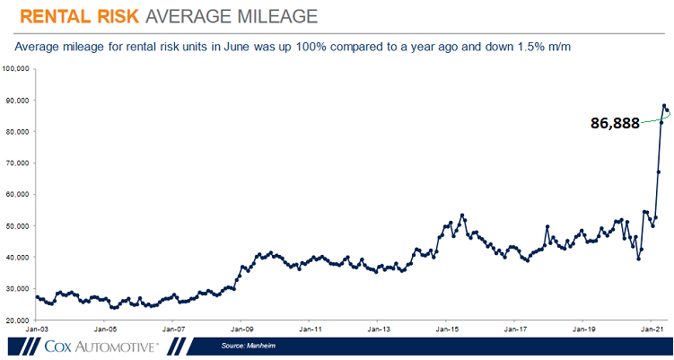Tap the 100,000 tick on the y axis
(x=18, y=68)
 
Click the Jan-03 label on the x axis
(x=35, y=329)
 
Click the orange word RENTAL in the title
(x=57, y=17)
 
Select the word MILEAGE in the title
(x=269, y=17)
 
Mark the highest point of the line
(x=664, y=106)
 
